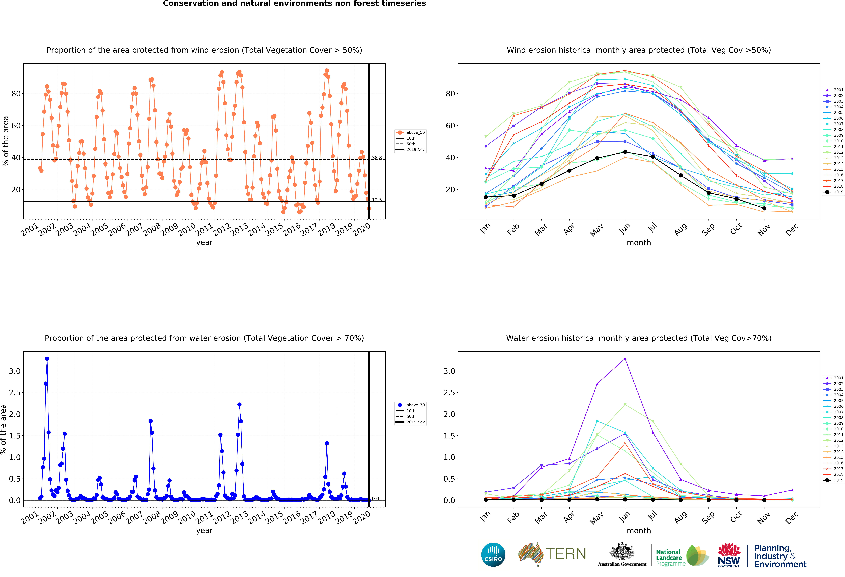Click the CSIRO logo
[493, 555]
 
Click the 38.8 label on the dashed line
[377, 158]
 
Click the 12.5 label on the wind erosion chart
[377, 200]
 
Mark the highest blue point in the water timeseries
[47, 358]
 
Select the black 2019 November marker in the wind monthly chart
[764, 208]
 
